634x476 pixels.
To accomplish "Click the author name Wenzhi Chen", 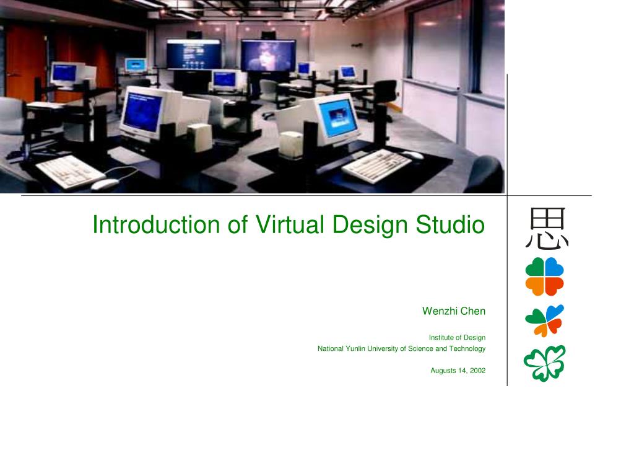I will point(454,311).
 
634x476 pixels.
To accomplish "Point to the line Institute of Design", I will point(457,338).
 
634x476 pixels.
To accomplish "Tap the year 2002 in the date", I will point(477,371).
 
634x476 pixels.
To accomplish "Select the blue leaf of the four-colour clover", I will point(554,267).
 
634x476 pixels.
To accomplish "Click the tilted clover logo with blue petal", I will point(545,320).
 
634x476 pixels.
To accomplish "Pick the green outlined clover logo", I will point(545,363).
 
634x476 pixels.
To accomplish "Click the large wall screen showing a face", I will point(268,55).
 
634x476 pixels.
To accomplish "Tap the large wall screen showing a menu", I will point(193,55).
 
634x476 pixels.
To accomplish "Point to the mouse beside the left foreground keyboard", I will point(103,183).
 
